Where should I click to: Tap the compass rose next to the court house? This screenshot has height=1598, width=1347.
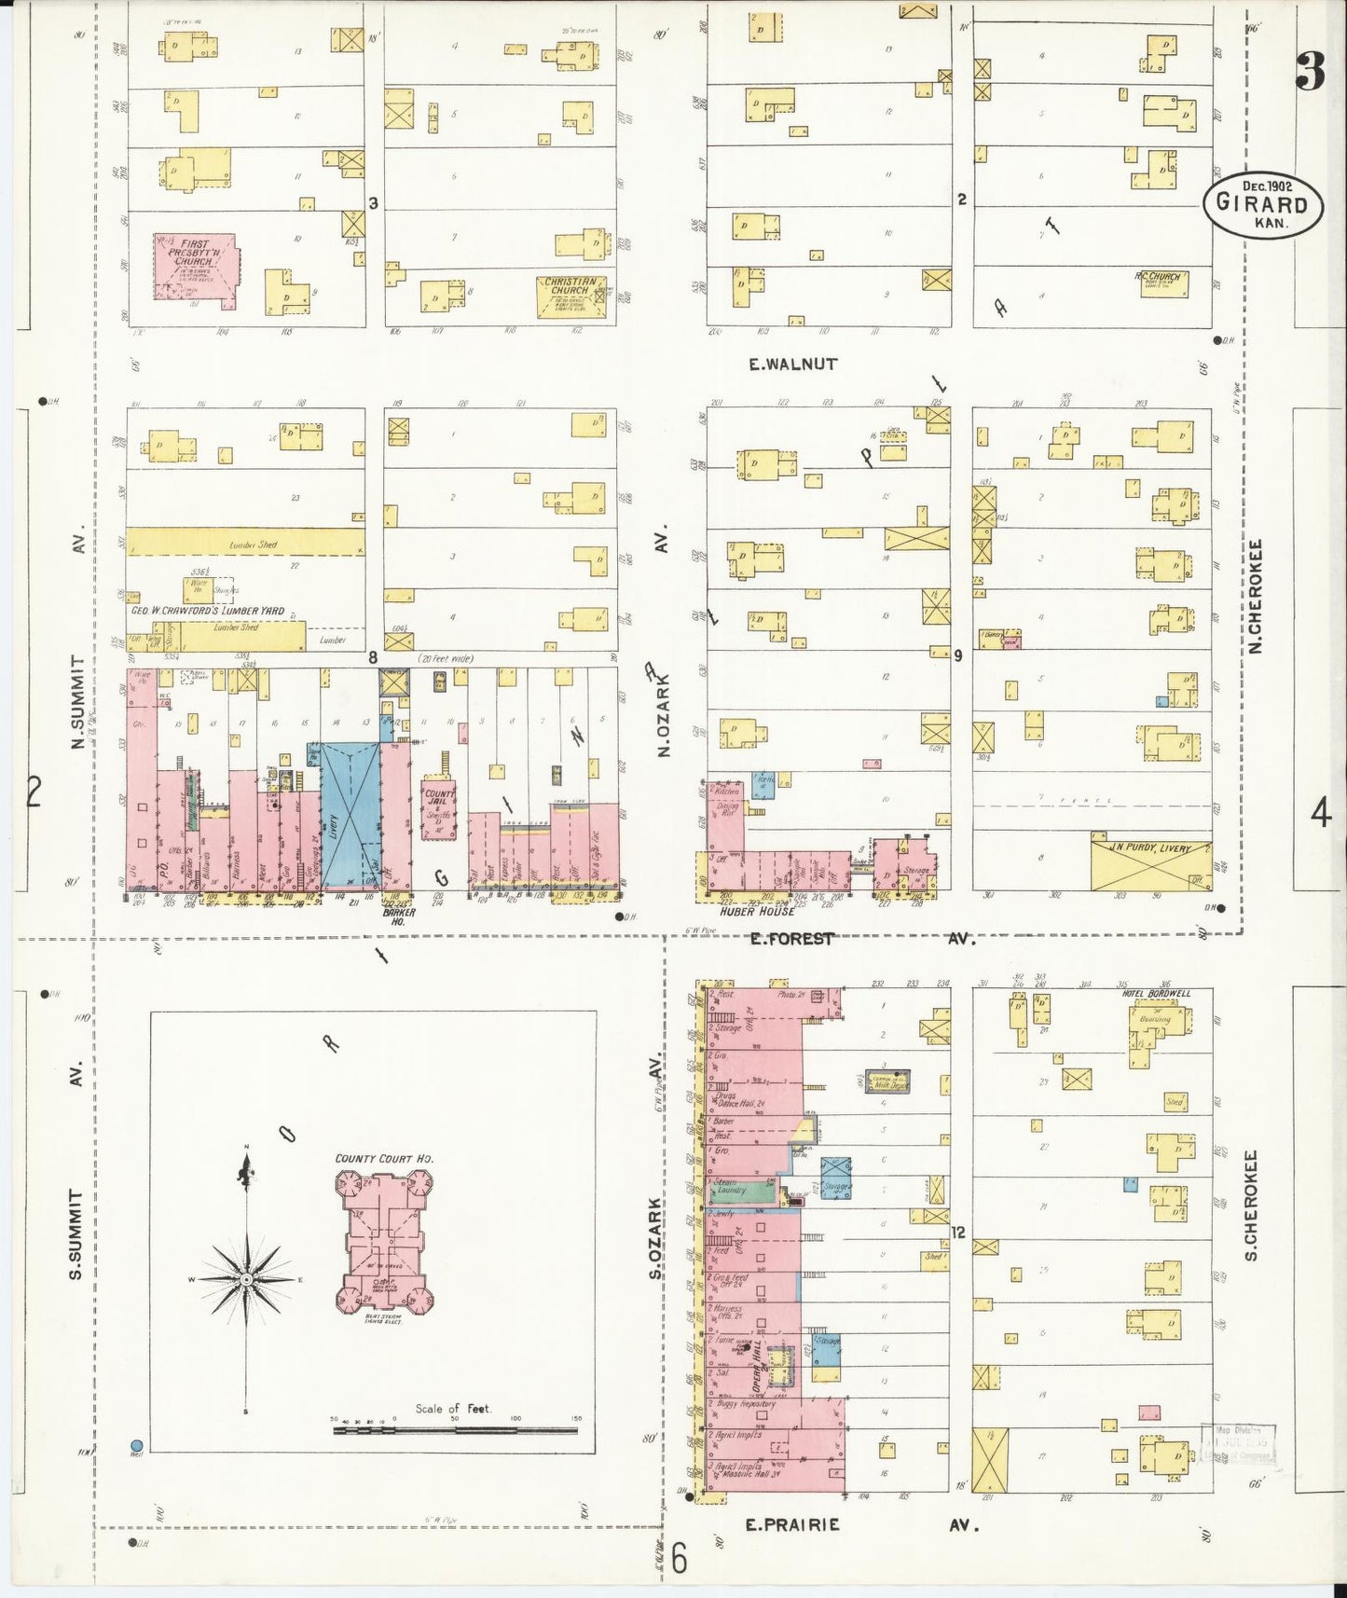(x=246, y=1280)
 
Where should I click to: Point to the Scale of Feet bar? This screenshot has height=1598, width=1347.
(x=456, y=1427)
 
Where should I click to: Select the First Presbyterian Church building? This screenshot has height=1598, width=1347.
(x=194, y=269)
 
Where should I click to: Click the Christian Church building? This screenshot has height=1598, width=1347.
(x=570, y=296)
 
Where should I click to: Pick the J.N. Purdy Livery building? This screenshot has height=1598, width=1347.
(x=1151, y=861)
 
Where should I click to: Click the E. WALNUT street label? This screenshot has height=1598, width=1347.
(x=792, y=365)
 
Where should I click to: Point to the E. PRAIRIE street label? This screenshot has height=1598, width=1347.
(x=792, y=1524)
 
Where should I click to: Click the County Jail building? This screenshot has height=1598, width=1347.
(x=438, y=808)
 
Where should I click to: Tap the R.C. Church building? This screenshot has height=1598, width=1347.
(x=1163, y=284)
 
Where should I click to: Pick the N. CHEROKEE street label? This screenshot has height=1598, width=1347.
(x=1255, y=597)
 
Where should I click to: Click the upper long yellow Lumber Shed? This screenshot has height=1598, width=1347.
(x=245, y=543)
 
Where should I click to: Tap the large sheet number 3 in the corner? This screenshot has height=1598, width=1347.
(x=1310, y=72)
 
